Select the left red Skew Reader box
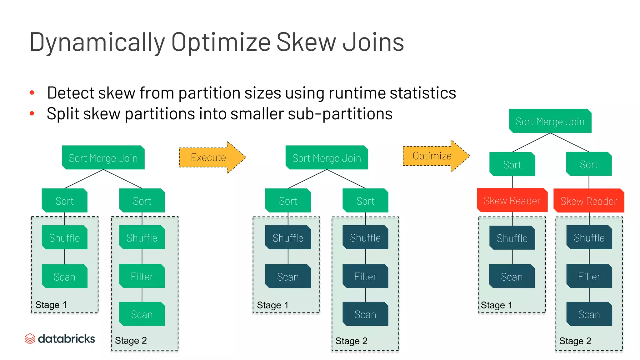pos(512,200)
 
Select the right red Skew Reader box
pos(588,201)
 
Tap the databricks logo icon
pos(30,338)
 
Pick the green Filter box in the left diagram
pos(142,276)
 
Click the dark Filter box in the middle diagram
pos(365,276)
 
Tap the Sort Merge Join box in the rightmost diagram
pos(550,121)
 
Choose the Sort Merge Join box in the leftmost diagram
pos(103,158)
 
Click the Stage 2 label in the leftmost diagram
pos(131,340)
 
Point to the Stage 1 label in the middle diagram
pos(272,305)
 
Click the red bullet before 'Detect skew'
pos(32,92)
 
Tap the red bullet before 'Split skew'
pos(32,113)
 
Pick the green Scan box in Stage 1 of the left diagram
pos(64,277)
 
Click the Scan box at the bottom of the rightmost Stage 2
pos(589,314)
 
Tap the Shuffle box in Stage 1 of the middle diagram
pos(288,238)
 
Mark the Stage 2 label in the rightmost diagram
pos(575,341)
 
